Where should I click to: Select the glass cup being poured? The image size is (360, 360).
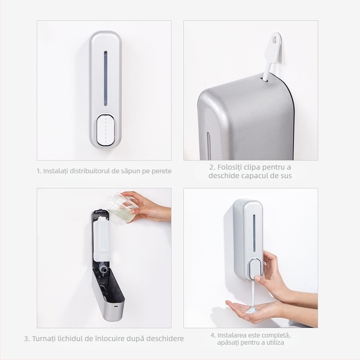121,208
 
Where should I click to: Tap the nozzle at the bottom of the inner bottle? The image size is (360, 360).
103,269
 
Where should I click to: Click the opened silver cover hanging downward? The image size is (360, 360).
108,295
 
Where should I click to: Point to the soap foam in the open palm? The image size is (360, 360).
251,309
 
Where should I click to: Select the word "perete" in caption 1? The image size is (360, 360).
161,171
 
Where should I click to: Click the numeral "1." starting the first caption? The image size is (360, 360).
39,171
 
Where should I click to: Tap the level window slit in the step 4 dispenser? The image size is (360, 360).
254,232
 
